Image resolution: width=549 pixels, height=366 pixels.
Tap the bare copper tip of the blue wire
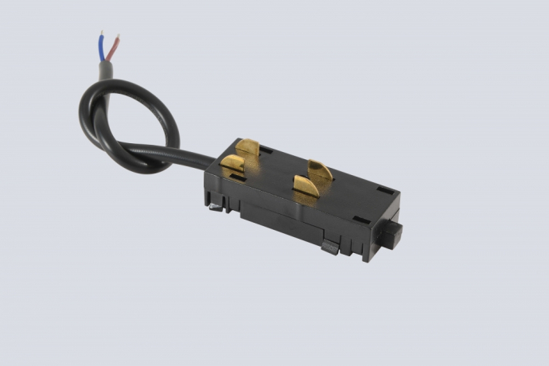click(x=101, y=34)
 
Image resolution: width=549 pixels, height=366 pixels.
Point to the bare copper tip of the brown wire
click(x=118, y=37)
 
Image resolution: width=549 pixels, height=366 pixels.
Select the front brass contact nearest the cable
click(x=233, y=165)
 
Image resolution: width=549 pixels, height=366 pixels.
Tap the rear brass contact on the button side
click(x=320, y=169)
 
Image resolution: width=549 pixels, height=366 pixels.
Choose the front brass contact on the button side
click(x=306, y=186)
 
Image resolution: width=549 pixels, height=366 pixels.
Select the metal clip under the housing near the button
click(x=330, y=247)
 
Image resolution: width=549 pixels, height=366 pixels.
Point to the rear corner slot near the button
click(x=385, y=190)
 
